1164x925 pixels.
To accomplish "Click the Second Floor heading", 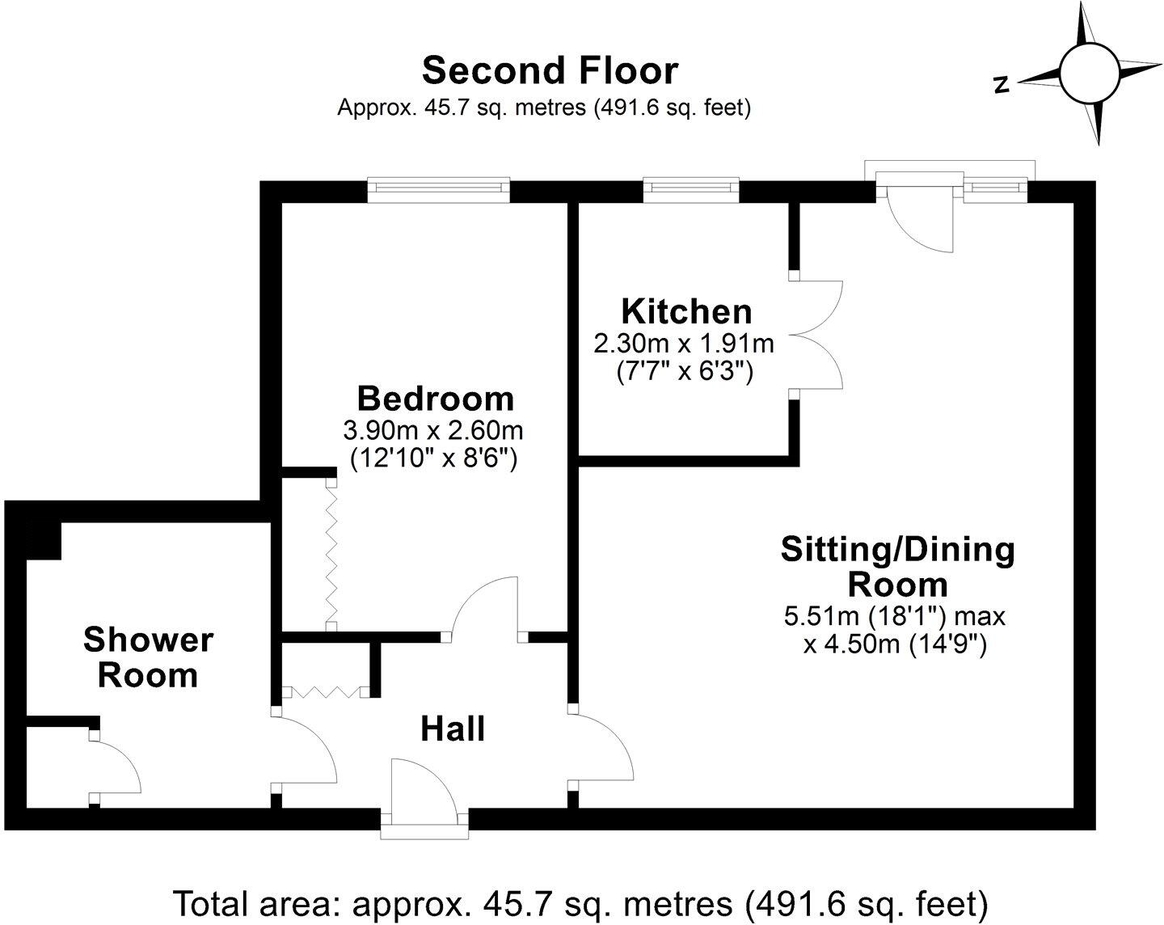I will (x=550, y=70).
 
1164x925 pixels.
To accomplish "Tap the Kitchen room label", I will (x=686, y=311).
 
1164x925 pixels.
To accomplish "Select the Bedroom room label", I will (x=435, y=399).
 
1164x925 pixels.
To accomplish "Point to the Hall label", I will (x=453, y=729).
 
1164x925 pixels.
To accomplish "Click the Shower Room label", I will (x=148, y=657).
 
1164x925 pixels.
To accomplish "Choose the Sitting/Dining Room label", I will (x=897, y=566).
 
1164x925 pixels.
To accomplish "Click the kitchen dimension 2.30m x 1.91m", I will (x=684, y=344).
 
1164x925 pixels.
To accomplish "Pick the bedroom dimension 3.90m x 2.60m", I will (x=434, y=429).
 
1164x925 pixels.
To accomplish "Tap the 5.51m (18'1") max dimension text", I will (x=895, y=617).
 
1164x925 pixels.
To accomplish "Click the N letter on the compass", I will (x=1002, y=84).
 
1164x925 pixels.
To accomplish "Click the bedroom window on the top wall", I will (x=439, y=189).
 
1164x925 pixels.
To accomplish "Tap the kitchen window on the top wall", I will (x=691, y=189).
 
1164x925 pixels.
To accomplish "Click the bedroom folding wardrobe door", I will (x=331, y=554).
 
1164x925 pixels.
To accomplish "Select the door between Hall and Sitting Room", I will (x=602, y=748).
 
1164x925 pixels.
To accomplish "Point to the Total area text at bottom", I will (x=581, y=902).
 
